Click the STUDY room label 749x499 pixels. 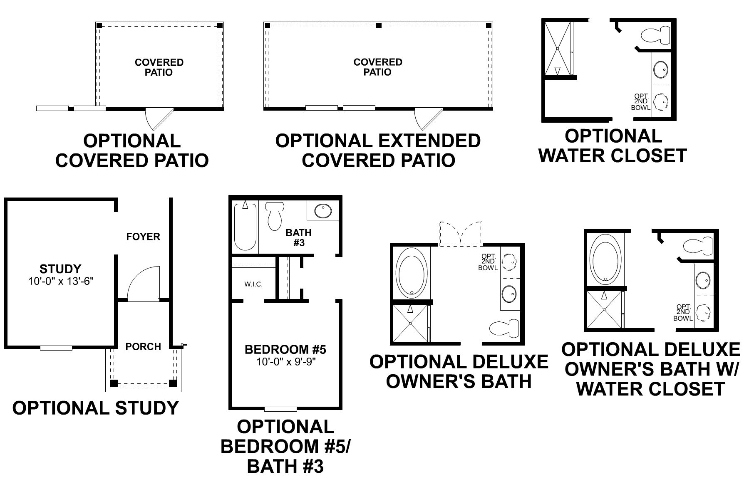click(60, 269)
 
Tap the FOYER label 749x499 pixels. click(143, 237)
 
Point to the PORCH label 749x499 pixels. click(143, 346)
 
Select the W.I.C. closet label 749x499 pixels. click(253, 284)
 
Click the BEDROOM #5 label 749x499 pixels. click(285, 349)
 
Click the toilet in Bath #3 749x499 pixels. click(274, 215)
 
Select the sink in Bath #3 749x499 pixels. click(322, 211)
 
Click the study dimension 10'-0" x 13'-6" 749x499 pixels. click(61, 282)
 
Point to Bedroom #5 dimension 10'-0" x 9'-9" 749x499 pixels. click(286, 362)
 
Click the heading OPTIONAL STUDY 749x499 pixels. click(95, 408)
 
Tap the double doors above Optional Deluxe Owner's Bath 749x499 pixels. click(461, 234)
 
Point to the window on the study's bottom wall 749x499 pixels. click(56, 348)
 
